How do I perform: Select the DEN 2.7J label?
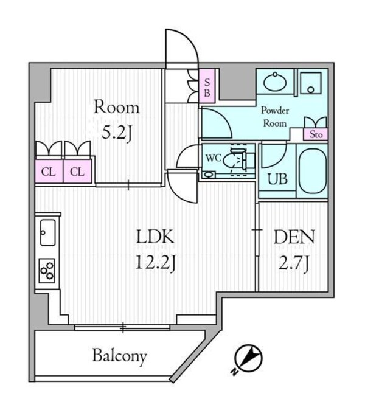click(293, 247)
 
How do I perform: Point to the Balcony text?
click(119, 356)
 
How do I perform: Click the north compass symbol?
click(248, 359)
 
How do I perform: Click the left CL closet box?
click(48, 172)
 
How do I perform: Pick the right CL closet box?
click(77, 172)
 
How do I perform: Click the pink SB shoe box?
click(207, 88)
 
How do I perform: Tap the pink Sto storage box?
click(316, 134)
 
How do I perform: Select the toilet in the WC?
click(234, 160)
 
